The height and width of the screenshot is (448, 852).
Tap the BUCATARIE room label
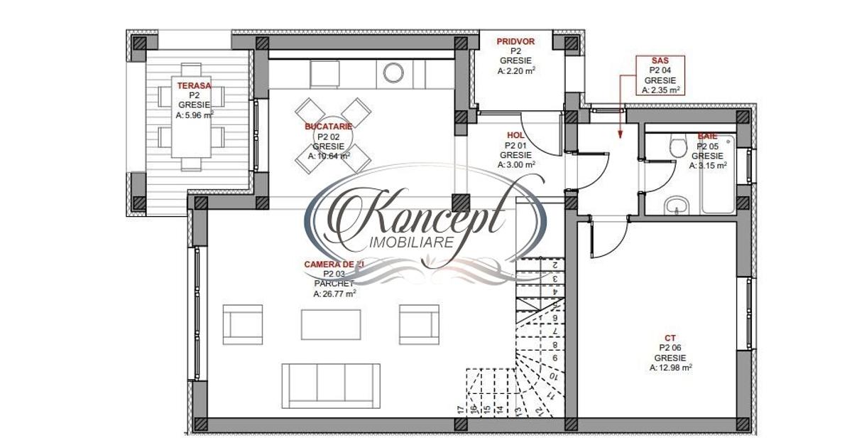(328, 126)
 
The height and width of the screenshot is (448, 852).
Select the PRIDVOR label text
(515, 42)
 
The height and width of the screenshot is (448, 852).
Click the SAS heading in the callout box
(660, 61)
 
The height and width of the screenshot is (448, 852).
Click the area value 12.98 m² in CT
(670, 368)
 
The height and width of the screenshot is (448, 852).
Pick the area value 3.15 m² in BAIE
(707, 165)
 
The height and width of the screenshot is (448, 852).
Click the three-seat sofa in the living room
(327, 385)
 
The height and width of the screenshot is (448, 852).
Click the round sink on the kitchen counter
(393, 72)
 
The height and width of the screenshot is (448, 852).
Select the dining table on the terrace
(190, 126)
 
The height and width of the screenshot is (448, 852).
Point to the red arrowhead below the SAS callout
(621, 132)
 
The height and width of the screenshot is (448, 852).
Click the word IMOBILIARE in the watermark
(413, 243)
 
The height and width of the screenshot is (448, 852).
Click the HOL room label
(515, 135)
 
